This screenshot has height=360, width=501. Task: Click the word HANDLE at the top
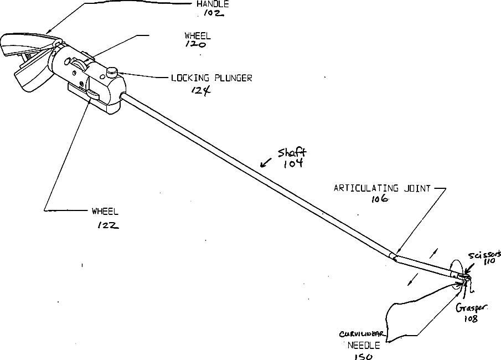(x=213, y=4)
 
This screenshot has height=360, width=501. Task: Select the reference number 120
(x=196, y=45)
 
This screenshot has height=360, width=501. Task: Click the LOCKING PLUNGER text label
(x=211, y=79)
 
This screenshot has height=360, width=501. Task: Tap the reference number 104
(x=292, y=164)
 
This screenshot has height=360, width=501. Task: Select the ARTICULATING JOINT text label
(x=382, y=188)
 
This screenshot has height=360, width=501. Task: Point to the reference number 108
(x=471, y=319)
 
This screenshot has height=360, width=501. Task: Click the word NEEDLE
(x=364, y=344)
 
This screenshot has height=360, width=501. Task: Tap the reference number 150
(x=363, y=357)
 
